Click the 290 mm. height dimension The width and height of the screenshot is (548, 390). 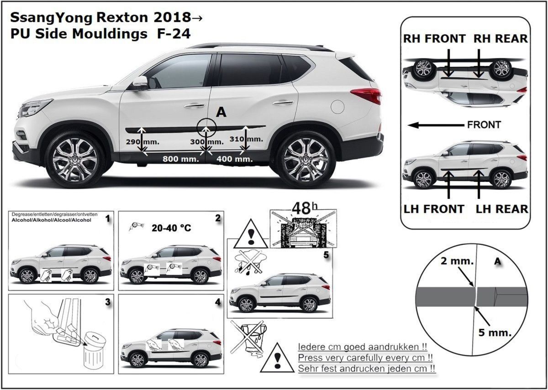(142, 142)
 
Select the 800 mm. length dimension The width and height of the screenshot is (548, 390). (181, 159)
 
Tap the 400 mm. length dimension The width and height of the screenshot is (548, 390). (234, 159)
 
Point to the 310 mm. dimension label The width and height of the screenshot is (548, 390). (246, 139)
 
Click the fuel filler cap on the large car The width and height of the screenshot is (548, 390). (337, 107)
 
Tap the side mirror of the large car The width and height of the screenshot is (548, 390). (141, 83)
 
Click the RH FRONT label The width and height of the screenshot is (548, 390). (434, 39)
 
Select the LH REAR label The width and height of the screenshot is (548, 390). (502, 209)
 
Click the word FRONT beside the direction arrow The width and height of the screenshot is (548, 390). (484, 125)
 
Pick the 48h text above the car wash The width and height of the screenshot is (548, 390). (305, 208)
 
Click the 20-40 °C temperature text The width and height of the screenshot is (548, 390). (171, 228)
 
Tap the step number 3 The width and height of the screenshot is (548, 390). (108, 302)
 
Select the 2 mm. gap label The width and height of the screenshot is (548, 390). (457, 261)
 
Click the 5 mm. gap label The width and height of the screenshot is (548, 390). (495, 333)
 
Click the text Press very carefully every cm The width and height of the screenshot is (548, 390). (365, 358)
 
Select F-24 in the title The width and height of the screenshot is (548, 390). (174, 34)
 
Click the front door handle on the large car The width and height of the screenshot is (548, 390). (195, 105)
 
